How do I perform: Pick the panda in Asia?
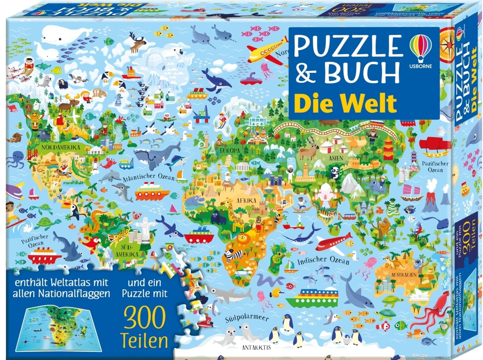coord(335,172)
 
